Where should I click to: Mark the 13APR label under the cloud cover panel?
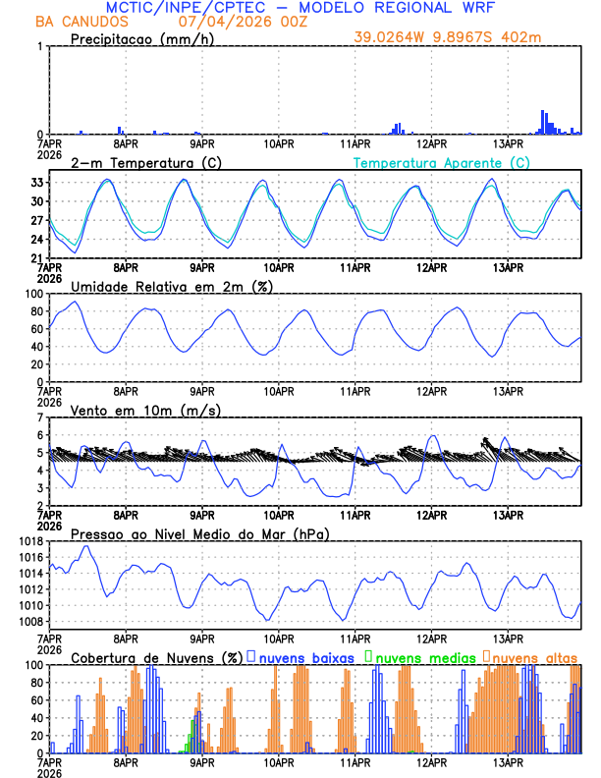tap(508, 762)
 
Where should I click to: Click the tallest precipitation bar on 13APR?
tap(543, 122)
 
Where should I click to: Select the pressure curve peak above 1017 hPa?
tap(87, 546)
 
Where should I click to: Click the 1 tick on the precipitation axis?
tap(40, 46)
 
